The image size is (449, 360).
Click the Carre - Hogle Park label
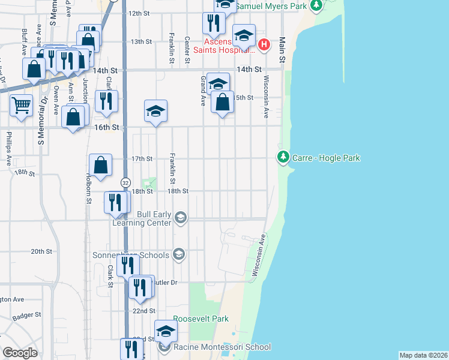point(326,158)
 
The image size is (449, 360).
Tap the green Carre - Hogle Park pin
point(283,158)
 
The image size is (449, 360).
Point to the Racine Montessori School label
point(222,347)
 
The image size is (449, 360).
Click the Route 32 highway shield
point(125,182)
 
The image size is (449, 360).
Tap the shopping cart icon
point(22,106)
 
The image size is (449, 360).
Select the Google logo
point(20,353)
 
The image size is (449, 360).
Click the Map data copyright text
point(423,355)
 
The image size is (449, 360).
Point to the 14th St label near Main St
point(249,70)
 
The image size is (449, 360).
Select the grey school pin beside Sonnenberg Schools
point(178,255)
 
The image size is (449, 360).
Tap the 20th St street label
point(42,251)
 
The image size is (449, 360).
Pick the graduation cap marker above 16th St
point(155,111)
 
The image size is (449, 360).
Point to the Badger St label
point(27,314)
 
